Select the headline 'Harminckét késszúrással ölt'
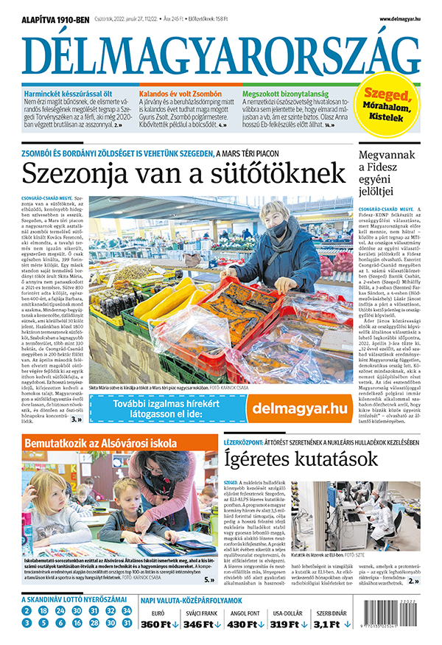(66, 95)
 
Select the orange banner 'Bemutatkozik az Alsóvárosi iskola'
(101, 443)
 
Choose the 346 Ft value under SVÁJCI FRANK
(202, 624)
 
